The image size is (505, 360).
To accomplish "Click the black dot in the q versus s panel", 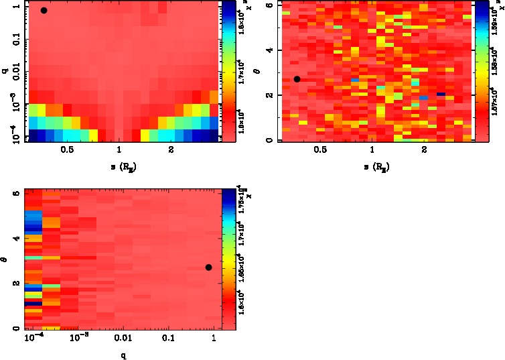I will (x=44, y=11).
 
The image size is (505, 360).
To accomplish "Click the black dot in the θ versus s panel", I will (x=297, y=79).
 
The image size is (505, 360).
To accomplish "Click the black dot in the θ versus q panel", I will (x=208, y=267).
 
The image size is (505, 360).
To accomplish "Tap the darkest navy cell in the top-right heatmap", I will (x=441, y=95).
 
